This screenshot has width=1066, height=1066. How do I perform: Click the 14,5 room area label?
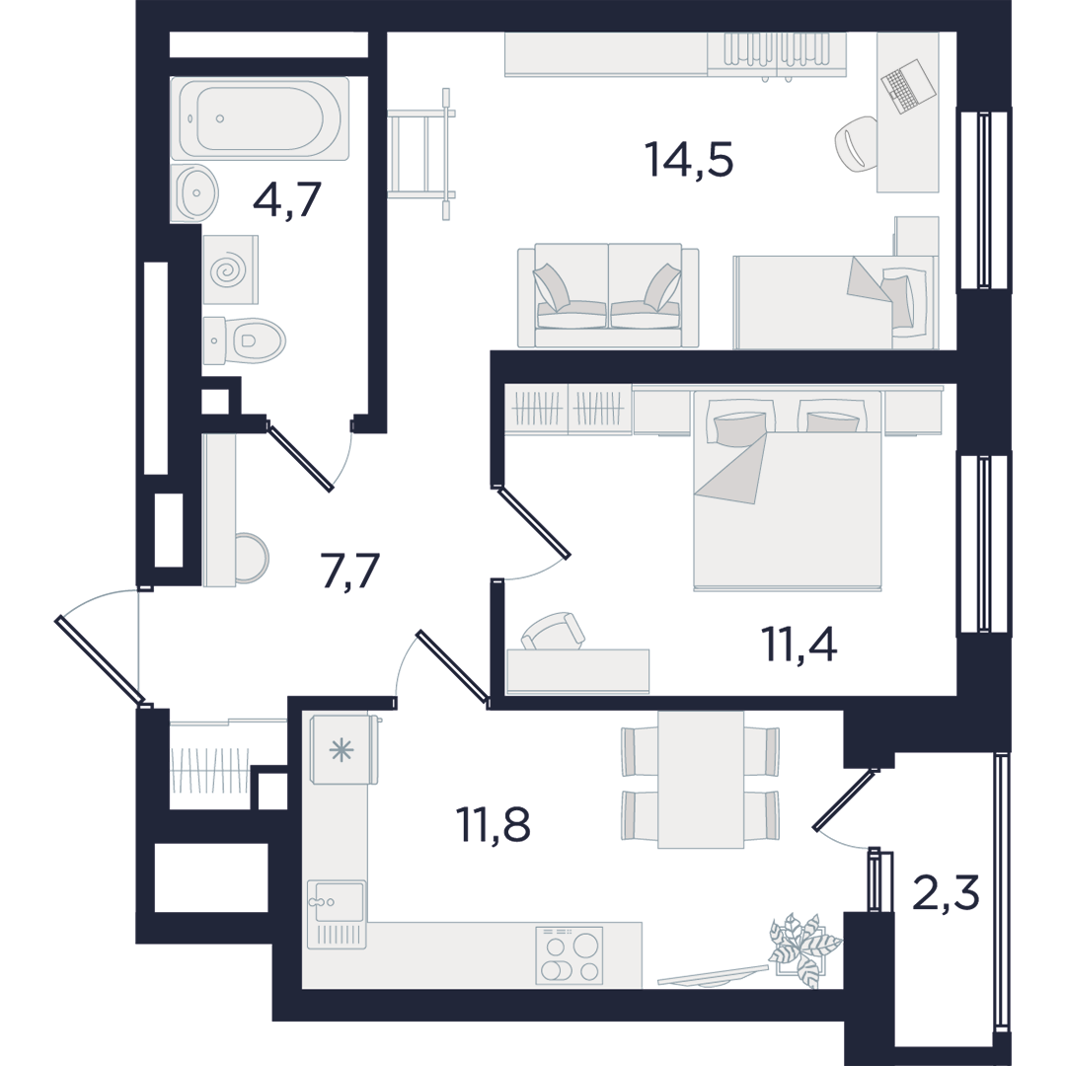coord(691,161)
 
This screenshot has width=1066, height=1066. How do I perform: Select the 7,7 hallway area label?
coord(349,571)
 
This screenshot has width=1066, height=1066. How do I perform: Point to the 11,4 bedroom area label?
coord(799,644)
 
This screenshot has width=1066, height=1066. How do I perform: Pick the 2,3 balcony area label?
coord(946,892)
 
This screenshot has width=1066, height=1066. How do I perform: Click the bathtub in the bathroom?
coord(260,118)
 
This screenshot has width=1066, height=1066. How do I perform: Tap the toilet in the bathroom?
coord(244,340)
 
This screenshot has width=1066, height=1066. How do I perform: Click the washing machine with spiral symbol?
coord(230,269)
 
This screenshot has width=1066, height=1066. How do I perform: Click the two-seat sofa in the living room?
coord(608,296)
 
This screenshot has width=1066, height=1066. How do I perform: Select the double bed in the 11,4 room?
coord(788,489)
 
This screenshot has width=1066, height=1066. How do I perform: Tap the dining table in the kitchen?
coord(700,780)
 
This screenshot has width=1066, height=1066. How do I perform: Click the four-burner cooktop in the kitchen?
coord(570,955)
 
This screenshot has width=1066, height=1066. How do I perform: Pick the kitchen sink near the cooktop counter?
coord(336,914)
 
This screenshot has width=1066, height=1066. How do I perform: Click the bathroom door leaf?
coord(300,455)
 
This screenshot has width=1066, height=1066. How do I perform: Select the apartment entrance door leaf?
coord(100,658)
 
